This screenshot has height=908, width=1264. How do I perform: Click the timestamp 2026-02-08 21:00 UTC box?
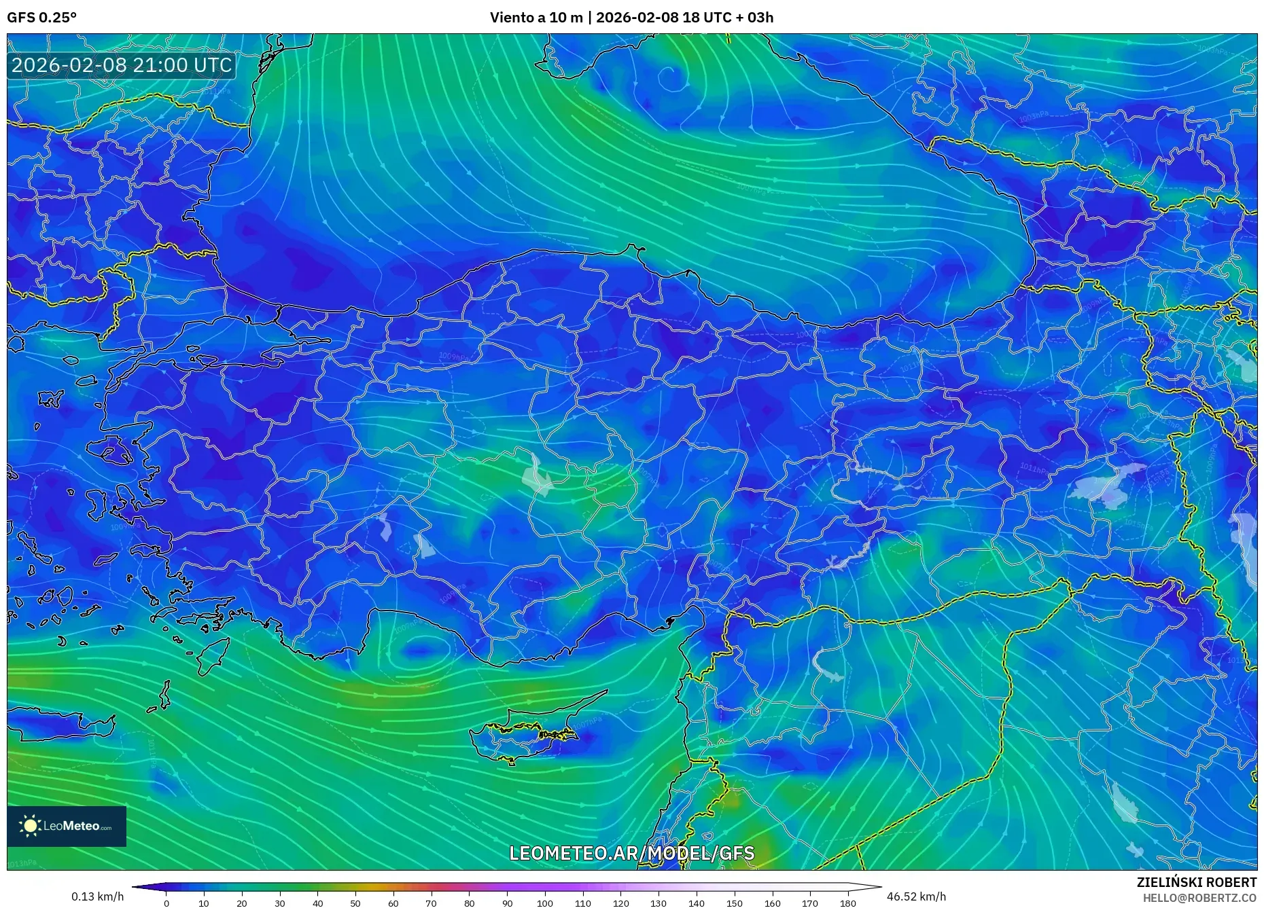point(122,65)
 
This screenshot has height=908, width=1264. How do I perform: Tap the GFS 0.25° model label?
point(41,18)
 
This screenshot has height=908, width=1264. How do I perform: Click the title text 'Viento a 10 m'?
point(536,18)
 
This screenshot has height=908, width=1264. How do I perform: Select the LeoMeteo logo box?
point(67,826)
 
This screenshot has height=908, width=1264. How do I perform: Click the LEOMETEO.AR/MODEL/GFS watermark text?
point(631,853)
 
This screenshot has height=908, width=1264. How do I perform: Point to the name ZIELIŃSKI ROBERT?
point(1196,882)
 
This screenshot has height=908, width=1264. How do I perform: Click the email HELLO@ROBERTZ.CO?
point(1199,898)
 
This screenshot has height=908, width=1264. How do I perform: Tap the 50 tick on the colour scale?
point(355,903)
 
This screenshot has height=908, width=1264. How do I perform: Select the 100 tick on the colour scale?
point(545,903)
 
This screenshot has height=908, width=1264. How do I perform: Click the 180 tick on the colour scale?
point(847,903)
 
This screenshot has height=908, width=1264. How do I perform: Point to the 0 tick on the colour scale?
point(166,903)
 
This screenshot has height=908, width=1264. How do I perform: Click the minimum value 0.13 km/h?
point(98,896)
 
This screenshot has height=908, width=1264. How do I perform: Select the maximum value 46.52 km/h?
point(916,896)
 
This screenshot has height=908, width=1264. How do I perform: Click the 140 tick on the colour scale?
point(696,903)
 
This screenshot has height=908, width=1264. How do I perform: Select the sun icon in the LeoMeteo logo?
point(31,826)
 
